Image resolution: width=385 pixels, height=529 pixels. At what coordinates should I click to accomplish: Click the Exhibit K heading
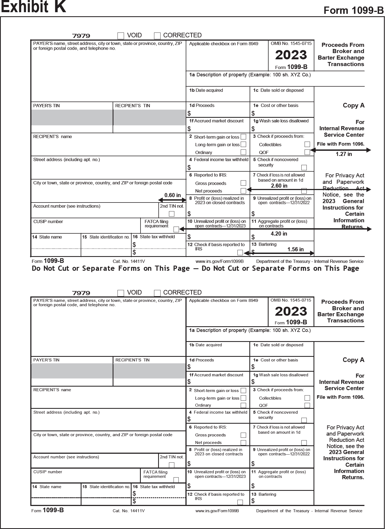tap(33, 7)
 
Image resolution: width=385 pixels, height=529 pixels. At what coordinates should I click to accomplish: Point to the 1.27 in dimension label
tap(344, 154)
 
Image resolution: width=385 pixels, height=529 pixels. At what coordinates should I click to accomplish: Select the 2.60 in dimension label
tap(279, 186)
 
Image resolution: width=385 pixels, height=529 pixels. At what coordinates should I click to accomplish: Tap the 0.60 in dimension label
tap(172, 195)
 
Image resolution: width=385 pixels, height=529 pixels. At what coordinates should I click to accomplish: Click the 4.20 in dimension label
tap(279, 234)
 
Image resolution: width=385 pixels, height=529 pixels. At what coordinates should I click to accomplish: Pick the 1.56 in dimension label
tap(295, 249)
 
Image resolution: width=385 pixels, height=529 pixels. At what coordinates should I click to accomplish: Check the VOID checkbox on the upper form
tap(121, 36)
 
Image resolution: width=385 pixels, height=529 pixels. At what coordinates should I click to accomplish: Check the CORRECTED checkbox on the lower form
tap(157, 293)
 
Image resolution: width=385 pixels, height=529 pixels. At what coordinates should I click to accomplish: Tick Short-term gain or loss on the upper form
tap(243, 137)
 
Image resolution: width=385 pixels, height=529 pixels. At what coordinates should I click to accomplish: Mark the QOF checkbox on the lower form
tap(307, 405)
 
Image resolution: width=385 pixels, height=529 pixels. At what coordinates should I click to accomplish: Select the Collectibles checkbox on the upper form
tap(307, 144)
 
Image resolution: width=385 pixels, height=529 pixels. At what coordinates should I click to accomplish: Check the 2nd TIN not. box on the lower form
tap(171, 465)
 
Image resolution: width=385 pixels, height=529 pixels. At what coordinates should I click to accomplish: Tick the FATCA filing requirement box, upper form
tap(176, 229)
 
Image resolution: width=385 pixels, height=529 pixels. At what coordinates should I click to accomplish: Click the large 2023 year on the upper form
tap(291, 55)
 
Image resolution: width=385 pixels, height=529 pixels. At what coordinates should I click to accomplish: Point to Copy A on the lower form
tap(353, 360)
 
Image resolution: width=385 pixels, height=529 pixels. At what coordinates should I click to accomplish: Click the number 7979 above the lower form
tap(81, 293)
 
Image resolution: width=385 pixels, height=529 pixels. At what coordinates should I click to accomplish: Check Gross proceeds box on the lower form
tap(243, 435)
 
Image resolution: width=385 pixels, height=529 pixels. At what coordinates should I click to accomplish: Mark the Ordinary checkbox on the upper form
tap(243, 152)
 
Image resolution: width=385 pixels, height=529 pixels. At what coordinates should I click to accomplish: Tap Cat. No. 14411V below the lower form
tap(129, 511)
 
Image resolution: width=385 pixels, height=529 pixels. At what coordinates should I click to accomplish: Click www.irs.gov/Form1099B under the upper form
tap(220, 261)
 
